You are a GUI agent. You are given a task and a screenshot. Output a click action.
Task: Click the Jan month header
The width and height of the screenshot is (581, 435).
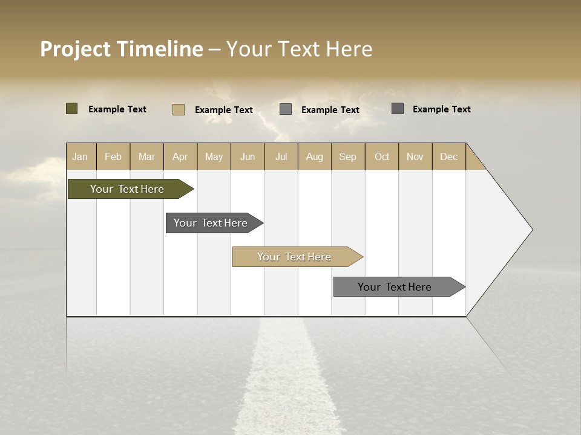[x=80, y=156]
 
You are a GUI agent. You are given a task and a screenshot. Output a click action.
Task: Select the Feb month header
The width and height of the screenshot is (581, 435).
[x=113, y=156]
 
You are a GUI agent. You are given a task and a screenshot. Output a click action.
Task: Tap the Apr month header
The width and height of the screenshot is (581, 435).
[x=180, y=156]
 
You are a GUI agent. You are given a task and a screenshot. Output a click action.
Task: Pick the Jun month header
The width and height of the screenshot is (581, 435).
[x=248, y=156]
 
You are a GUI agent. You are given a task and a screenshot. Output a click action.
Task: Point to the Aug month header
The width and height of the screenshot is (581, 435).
[x=314, y=156]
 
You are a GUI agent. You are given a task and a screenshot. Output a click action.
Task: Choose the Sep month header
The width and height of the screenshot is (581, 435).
[x=347, y=156]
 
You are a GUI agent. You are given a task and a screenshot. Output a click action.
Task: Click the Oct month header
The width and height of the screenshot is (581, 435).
[x=382, y=156]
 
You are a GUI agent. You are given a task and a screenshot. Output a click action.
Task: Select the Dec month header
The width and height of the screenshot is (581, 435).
[x=448, y=156]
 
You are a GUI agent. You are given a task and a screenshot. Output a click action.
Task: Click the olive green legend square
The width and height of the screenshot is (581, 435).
[x=72, y=109]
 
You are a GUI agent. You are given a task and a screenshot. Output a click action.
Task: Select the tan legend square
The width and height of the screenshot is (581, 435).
[x=179, y=109]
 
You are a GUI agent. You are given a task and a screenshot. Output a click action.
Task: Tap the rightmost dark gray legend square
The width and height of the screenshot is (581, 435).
[x=398, y=109]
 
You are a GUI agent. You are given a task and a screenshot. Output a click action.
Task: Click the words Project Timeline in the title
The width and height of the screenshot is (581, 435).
[x=121, y=49]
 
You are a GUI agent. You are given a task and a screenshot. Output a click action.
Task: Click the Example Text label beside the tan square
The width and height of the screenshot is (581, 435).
[x=223, y=110]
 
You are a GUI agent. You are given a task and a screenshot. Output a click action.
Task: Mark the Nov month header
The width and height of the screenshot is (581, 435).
[x=415, y=156]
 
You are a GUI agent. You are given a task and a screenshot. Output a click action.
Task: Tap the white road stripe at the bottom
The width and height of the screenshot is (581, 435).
[x=284, y=387]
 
